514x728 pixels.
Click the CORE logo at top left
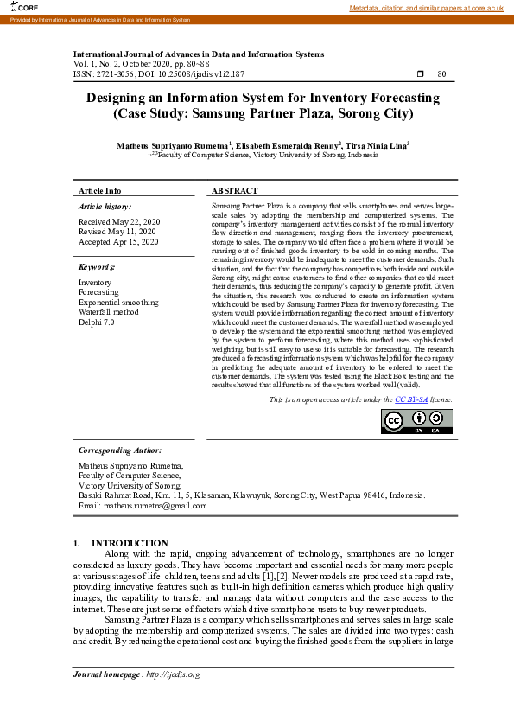(16, 8)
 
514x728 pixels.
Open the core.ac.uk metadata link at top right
(426, 8)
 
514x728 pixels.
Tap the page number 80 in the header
(441, 75)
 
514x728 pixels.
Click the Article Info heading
(100, 190)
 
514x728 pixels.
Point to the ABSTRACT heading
(234, 190)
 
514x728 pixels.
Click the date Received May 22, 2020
(119, 221)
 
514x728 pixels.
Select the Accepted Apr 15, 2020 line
(118, 243)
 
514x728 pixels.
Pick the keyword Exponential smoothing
(118, 303)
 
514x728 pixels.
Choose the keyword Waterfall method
(108, 312)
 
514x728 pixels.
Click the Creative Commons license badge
(416, 420)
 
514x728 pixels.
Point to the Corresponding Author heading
(120, 450)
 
